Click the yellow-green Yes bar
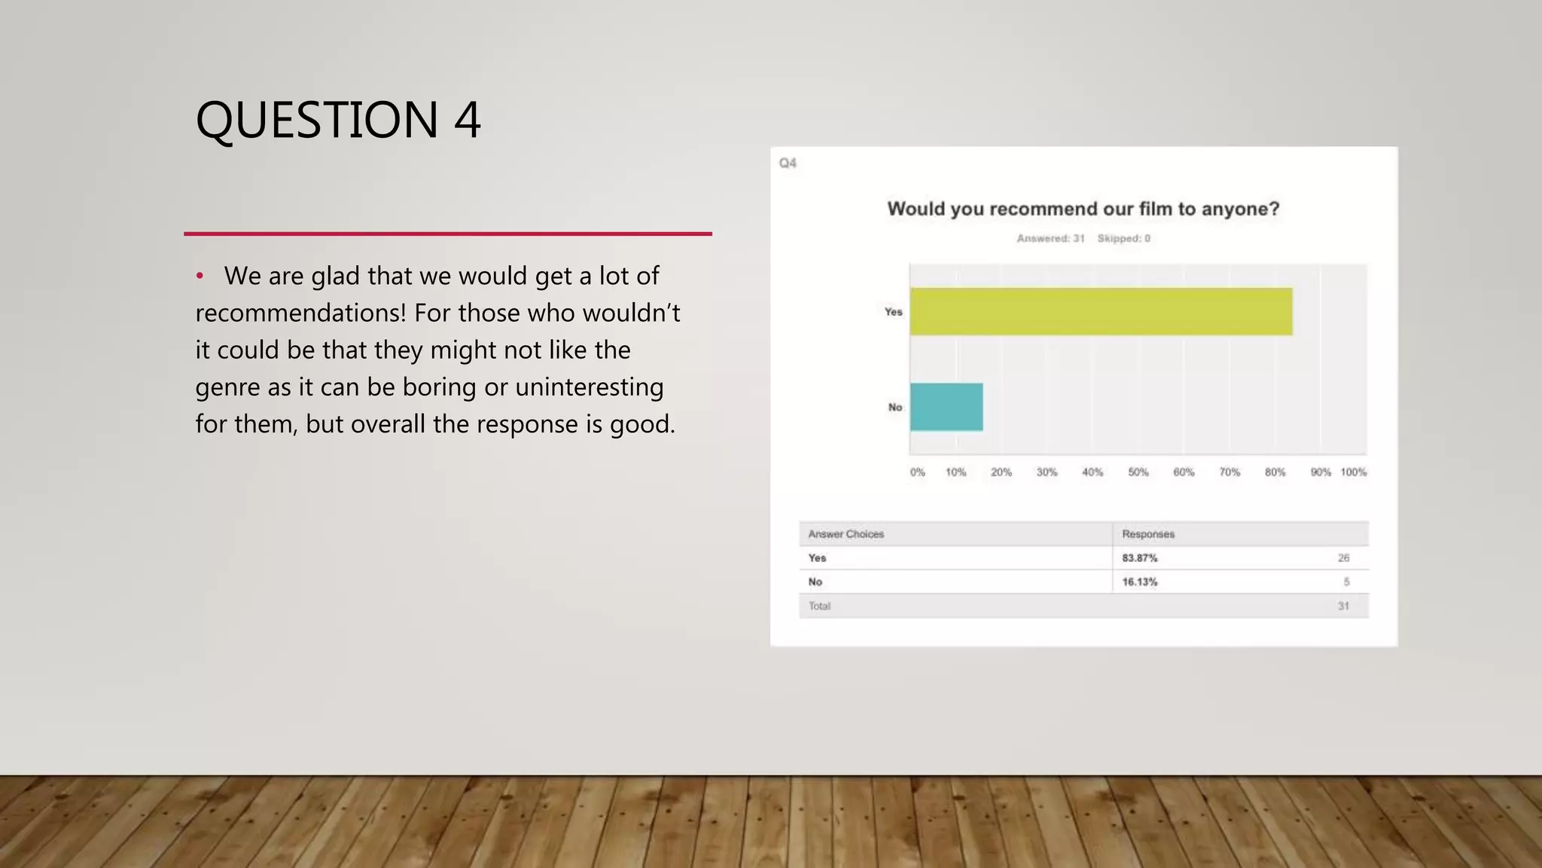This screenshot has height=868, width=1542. click(x=1101, y=311)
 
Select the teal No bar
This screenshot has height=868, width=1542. click(x=946, y=407)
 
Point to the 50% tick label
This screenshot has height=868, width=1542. click(x=1138, y=472)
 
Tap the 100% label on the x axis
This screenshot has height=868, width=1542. click(x=1353, y=472)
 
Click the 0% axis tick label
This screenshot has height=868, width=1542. click(x=917, y=472)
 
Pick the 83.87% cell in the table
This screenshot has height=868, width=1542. click(x=1139, y=558)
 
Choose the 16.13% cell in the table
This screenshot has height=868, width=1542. click(x=1139, y=582)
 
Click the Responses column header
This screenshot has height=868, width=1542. click(x=1147, y=534)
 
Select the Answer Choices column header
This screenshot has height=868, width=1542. click(x=846, y=534)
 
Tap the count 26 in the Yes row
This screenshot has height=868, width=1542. click(x=1343, y=558)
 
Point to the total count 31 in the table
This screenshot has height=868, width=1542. click(x=1343, y=606)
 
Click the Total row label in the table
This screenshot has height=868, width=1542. click(x=819, y=606)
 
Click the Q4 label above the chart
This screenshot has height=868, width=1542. click(x=788, y=163)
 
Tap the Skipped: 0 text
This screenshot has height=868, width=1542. click(x=1123, y=239)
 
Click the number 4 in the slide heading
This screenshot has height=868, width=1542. click(x=467, y=120)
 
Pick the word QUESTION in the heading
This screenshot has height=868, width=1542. click(x=317, y=120)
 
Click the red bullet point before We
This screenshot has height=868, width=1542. click(x=200, y=277)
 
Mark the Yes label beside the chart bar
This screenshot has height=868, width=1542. click(x=893, y=312)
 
